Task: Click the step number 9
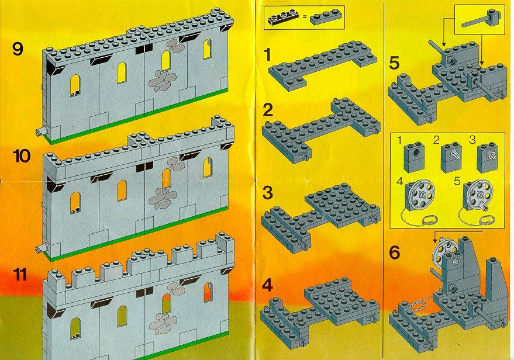[x=18, y=50]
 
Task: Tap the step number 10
[x=22, y=156]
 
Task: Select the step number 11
[x=20, y=275]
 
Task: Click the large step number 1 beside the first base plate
[x=267, y=55]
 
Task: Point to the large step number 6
[x=395, y=252]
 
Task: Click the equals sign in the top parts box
[x=305, y=16]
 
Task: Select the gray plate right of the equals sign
[x=326, y=18]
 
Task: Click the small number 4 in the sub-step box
[x=399, y=181]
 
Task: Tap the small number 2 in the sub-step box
[x=436, y=140]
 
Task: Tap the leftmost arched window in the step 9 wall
[x=75, y=85]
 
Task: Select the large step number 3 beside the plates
[x=268, y=193]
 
